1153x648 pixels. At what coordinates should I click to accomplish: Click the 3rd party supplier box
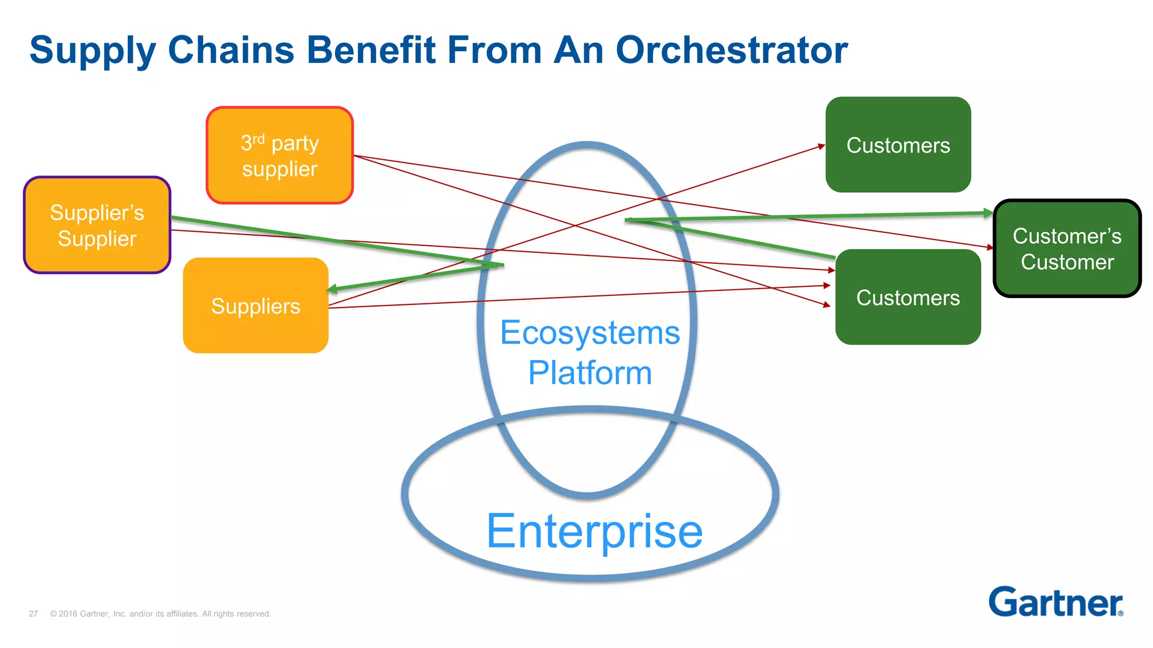[280, 155]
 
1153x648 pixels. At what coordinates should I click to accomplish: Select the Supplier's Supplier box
[97, 225]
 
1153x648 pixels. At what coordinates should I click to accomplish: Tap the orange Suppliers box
[256, 305]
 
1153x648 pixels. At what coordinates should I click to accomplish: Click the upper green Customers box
[898, 145]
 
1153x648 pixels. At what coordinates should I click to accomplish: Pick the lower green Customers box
[908, 297]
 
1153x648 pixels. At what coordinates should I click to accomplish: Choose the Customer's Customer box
[1067, 249]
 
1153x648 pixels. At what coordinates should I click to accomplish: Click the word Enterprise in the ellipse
[594, 531]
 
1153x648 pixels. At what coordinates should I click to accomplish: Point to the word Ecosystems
[590, 332]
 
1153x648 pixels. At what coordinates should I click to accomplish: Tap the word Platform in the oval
[589, 372]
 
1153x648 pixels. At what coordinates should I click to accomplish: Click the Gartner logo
[1056, 602]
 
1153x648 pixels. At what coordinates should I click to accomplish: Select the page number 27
[33, 614]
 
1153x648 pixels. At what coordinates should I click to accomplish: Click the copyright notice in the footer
[160, 614]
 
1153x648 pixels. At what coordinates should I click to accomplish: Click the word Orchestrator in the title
[731, 50]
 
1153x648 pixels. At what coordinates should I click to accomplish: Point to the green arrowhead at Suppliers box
[332, 289]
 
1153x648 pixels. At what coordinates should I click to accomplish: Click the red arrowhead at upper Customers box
[821, 146]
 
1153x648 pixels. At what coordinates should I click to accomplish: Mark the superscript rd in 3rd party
[258, 138]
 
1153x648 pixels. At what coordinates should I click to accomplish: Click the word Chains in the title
[231, 50]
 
